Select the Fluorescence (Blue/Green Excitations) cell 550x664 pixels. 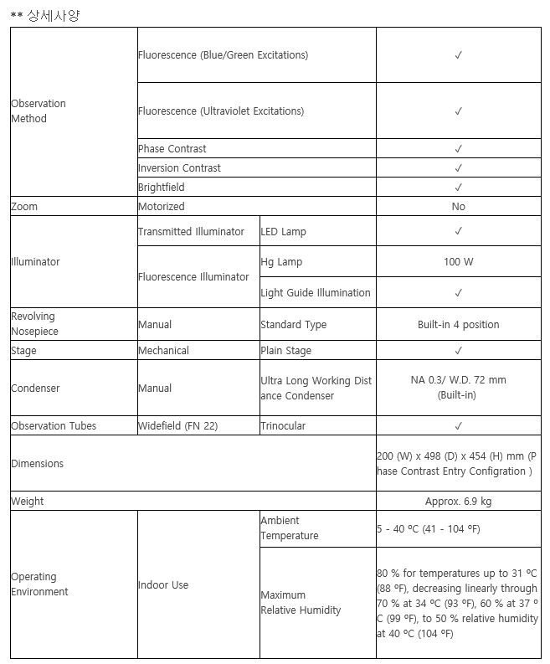(x=223, y=55)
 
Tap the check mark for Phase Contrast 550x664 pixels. (x=458, y=149)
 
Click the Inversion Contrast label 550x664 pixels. (x=179, y=168)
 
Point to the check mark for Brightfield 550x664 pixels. (x=458, y=188)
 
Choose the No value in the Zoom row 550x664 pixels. (x=458, y=207)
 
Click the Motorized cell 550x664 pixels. (x=162, y=207)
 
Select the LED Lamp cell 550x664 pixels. (x=284, y=232)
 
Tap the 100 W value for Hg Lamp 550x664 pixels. (x=458, y=262)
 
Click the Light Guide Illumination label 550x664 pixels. (x=316, y=293)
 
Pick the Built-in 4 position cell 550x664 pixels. (x=458, y=325)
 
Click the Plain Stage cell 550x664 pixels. (x=286, y=351)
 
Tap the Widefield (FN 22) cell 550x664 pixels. (x=178, y=426)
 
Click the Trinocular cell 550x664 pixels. (x=283, y=426)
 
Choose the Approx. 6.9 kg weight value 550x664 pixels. (x=458, y=502)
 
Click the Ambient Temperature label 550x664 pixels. (x=290, y=528)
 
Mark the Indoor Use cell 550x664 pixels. (x=163, y=585)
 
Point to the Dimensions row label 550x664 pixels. (x=38, y=464)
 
